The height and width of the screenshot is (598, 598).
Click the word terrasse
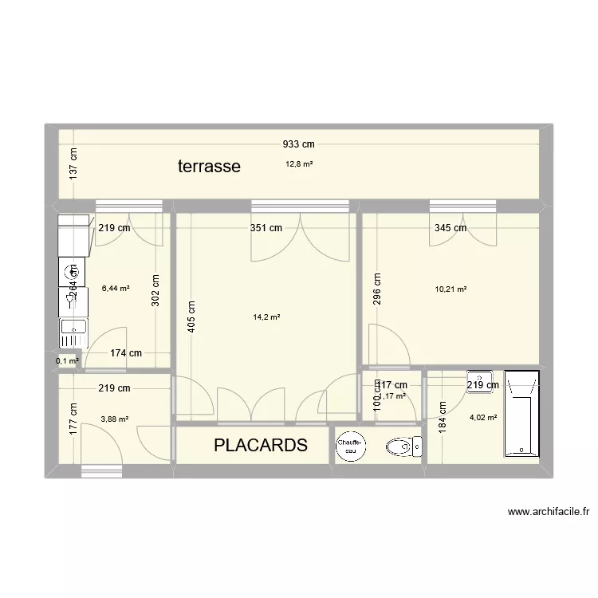point(209,167)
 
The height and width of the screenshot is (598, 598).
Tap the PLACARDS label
point(260,445)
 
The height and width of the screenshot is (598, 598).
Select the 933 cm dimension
point(299,144)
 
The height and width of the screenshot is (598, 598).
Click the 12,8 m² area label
point(299,164)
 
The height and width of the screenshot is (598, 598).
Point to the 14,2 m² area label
point(266,317)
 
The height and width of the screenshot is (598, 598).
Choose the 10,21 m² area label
point(450,289)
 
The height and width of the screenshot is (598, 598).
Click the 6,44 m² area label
point(116,289)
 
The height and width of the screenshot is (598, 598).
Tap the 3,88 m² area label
point(115,419)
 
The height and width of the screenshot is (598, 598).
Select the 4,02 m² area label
point(483,417)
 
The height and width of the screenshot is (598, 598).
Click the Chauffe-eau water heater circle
point(350,447)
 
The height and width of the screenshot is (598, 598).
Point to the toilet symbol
point(402,447)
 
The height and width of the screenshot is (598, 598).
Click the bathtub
point(522,415)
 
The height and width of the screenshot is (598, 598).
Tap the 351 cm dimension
point(266,227)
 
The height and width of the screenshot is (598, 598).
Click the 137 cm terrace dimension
point(74,166)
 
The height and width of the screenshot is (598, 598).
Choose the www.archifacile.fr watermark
point(547,513)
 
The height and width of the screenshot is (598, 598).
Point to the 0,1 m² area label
point(68,361)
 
